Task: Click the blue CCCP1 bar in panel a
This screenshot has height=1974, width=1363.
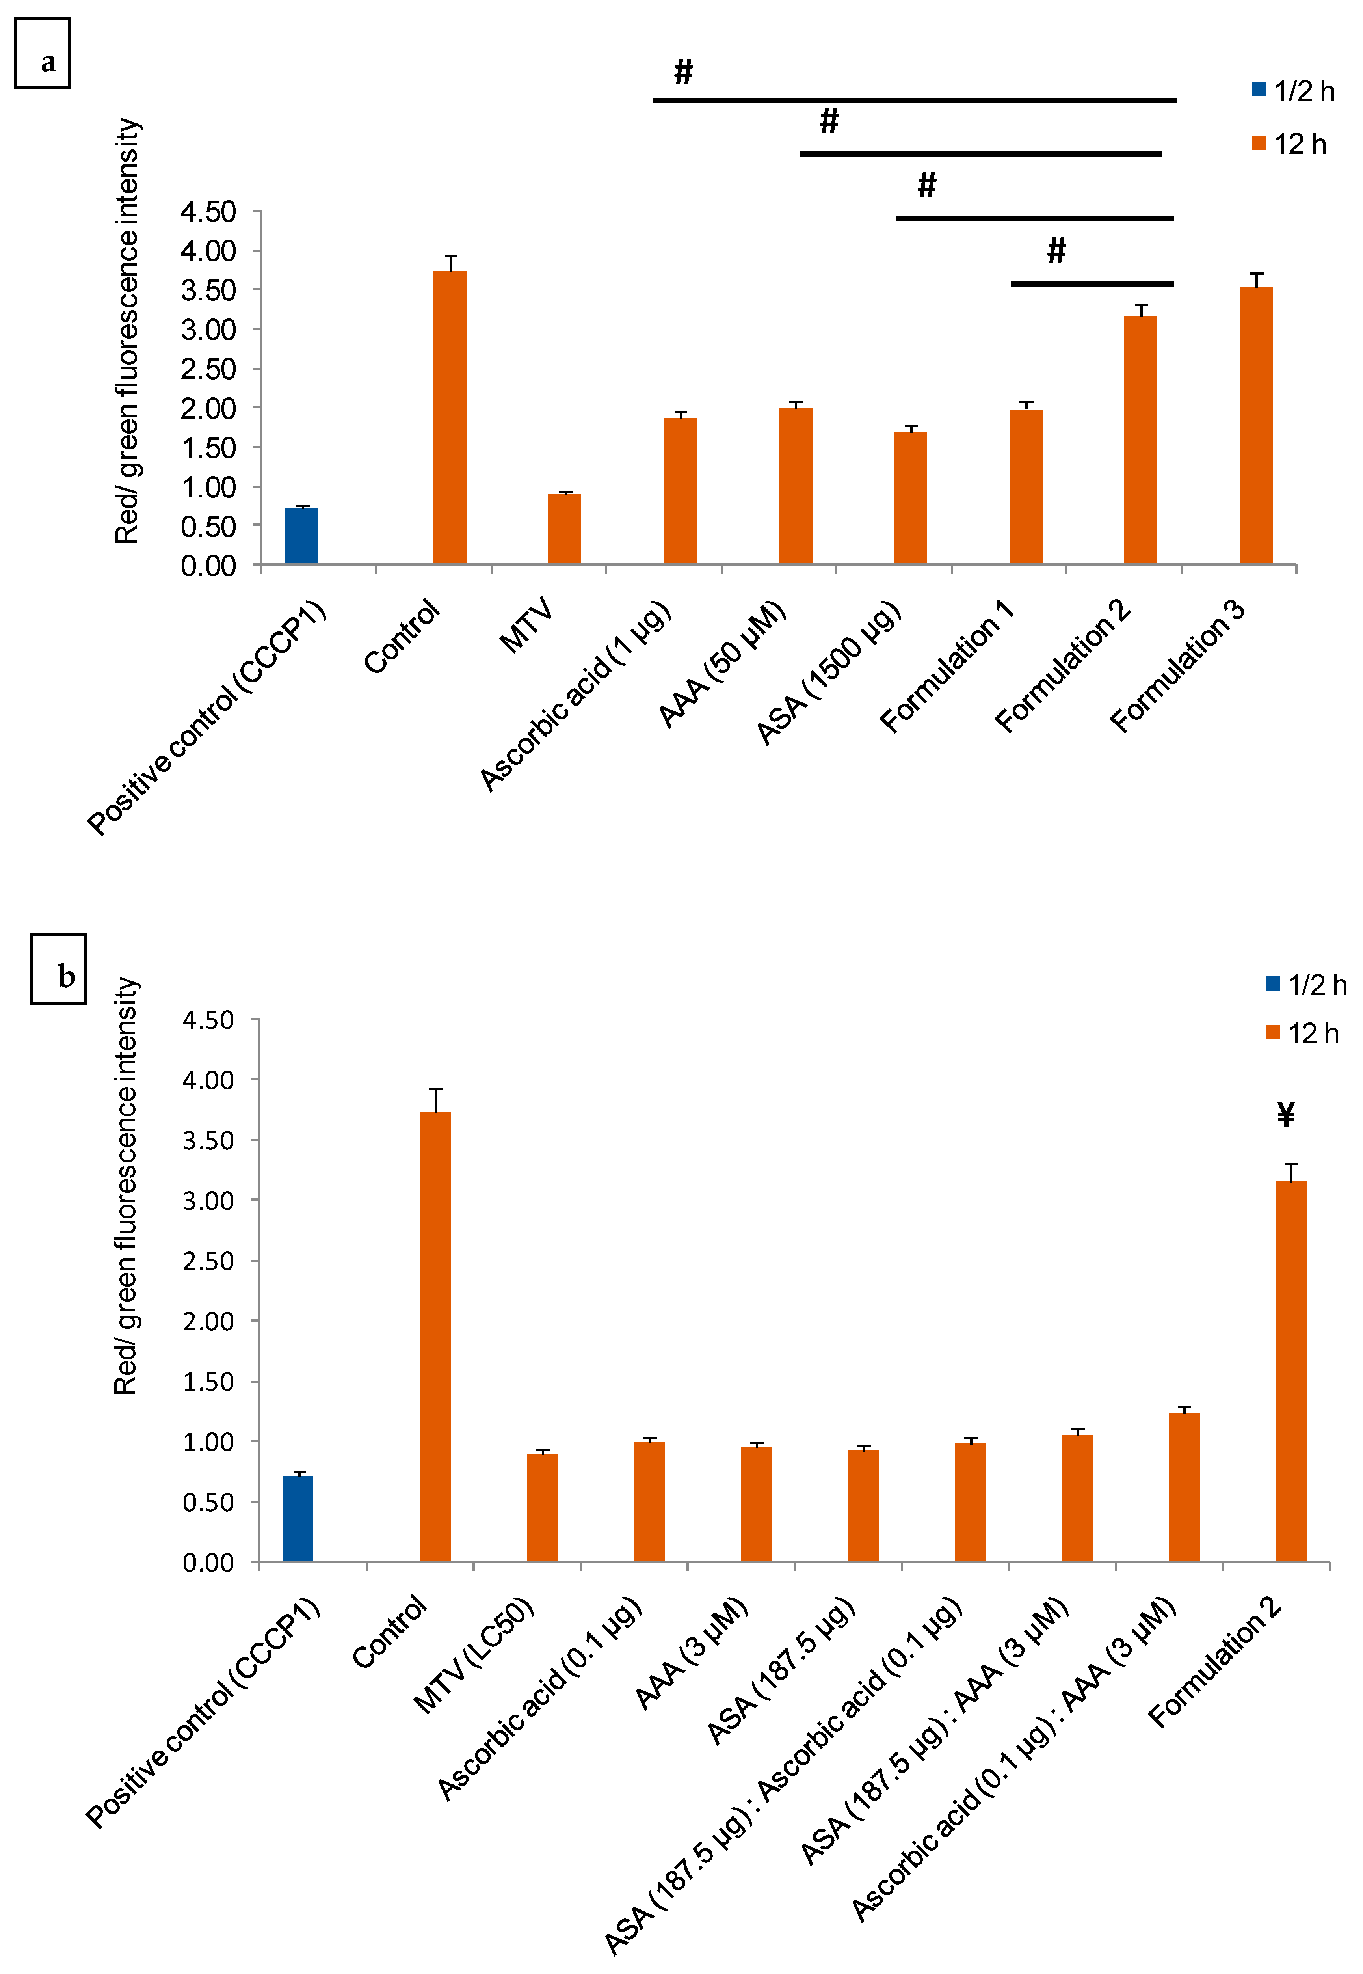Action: click(x=301, y=536)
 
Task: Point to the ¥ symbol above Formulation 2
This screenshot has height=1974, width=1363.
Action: click(x=1285, y=1115)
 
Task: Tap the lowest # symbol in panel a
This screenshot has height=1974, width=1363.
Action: click(x=1056, y=250)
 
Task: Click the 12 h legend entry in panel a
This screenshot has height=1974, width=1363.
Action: click(x=1290, y=144)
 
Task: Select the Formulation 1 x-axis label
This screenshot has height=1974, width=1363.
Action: click(x=946, y=666)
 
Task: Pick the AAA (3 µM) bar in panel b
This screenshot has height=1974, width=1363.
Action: click(x=756, y=1503)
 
